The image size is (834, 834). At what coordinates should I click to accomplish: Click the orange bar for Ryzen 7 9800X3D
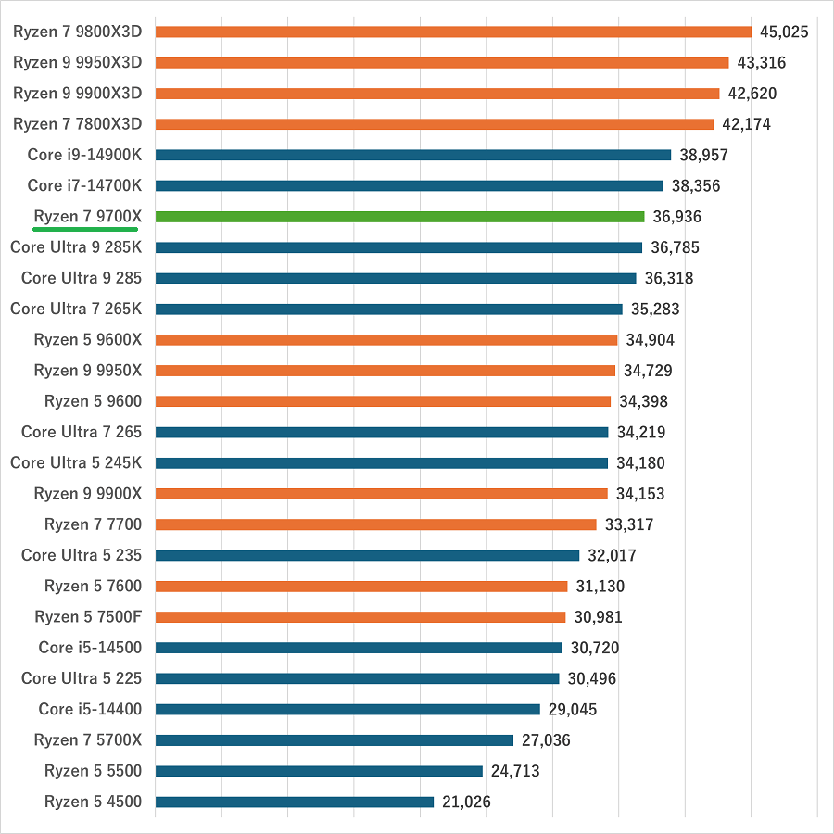tap(453, 32)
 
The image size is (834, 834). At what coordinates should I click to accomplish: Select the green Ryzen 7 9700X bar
tap(399, 217)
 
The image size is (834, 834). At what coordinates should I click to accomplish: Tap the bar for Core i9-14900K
tap(413, 155)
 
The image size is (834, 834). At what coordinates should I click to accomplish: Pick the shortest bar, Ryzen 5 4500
tap(295, 802)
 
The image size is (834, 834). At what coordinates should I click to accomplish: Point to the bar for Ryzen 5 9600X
tap(386, 339)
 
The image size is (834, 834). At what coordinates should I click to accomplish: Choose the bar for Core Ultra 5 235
tap(367, 555)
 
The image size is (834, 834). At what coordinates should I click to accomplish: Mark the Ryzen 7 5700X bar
tap(335, 739)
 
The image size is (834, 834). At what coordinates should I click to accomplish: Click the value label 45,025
tap(784, 32)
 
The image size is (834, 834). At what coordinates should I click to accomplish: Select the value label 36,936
tap(676, 217)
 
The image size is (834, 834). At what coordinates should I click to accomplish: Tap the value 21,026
tap(466, 802)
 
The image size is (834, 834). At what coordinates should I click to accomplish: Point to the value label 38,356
tap(695, 186)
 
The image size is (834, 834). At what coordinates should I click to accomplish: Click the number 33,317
tap(628, 524)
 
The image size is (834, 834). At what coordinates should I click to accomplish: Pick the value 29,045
tap(572, 710)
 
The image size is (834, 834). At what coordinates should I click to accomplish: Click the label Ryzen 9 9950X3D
tap(78, 62)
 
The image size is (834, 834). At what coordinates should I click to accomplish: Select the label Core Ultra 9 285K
tap(76, 247)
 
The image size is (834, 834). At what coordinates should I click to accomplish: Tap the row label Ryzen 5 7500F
tap(88, 616)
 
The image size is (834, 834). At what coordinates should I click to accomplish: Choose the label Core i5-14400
tap(90, 709)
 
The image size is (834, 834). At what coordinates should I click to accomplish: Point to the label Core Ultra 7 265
tap(82, 432)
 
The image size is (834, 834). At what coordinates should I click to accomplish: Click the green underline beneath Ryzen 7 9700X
tap(86, 228)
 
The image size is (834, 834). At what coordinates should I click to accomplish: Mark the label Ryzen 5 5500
tap(93, 771)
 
